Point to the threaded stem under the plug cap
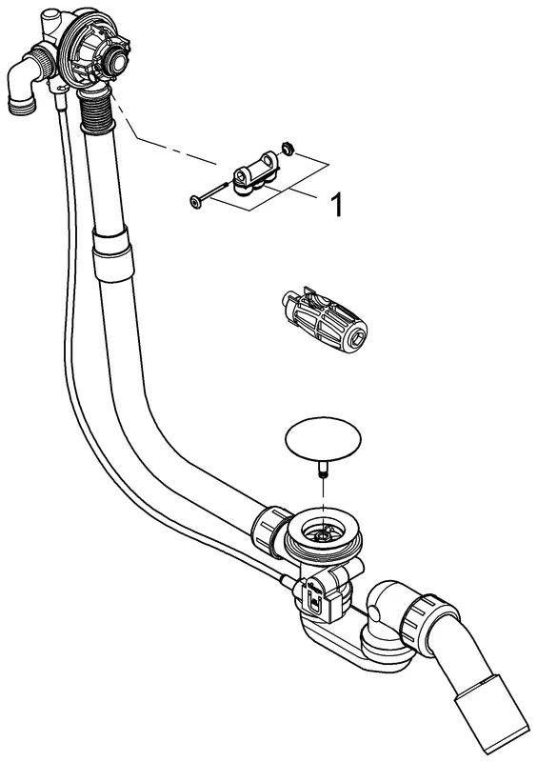[x=323, y=469]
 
